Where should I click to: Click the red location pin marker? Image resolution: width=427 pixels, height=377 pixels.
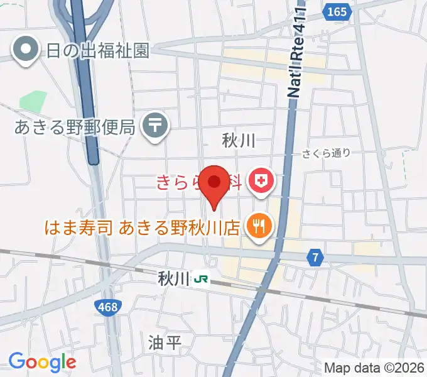(215, 183)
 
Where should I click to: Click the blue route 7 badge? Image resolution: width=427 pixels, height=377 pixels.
(316, 256)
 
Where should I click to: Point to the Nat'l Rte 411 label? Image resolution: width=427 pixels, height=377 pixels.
(296, 53)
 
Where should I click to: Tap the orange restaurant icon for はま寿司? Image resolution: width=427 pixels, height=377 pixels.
(257, 224)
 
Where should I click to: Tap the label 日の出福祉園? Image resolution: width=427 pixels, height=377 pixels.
(98, 50)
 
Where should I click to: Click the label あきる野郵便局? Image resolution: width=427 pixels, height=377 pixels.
(76, 128)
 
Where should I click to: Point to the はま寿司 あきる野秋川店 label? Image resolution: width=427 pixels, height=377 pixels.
(143, 225)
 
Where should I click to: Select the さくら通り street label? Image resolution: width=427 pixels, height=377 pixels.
(326, 153)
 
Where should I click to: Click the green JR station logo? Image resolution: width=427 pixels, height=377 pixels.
(201, 278)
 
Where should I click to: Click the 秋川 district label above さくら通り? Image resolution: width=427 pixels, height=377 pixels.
(239, 141)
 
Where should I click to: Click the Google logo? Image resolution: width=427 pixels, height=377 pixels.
(42, 362)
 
